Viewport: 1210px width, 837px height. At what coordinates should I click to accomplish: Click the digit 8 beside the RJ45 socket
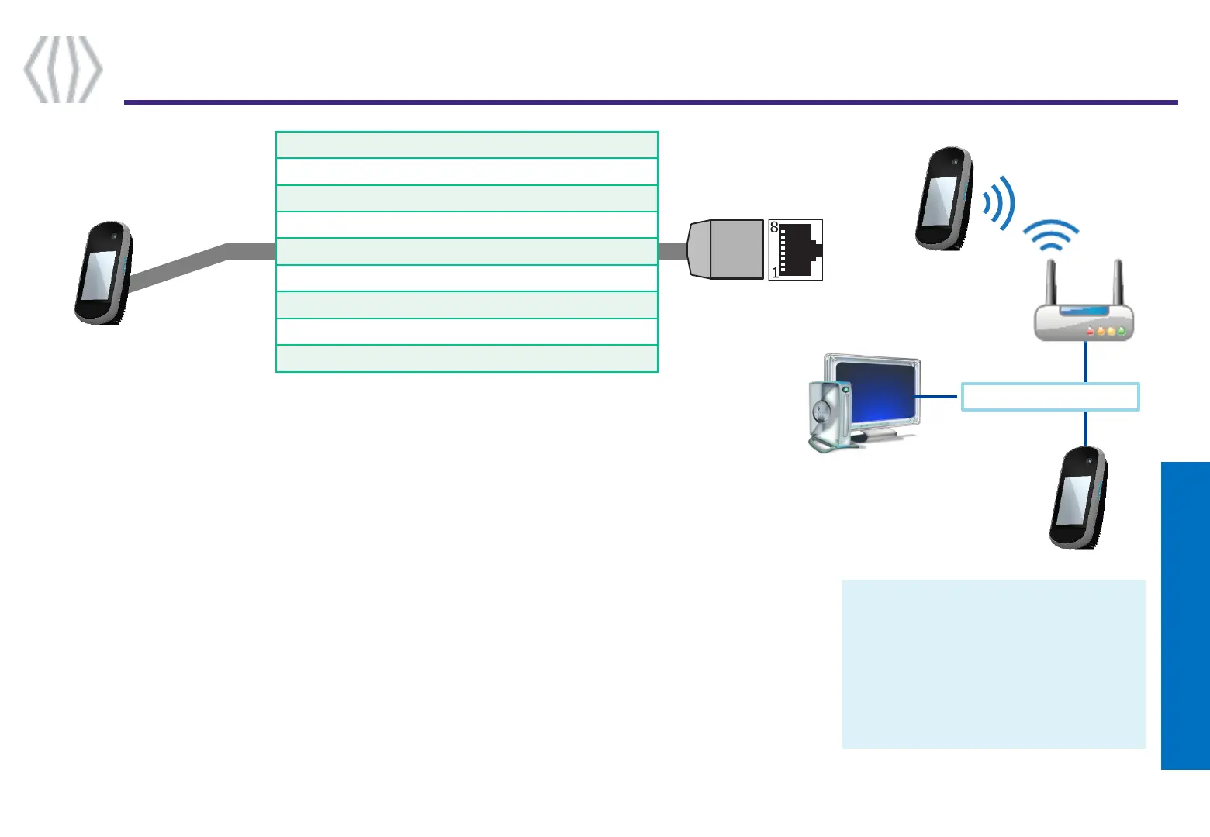coord(774,228)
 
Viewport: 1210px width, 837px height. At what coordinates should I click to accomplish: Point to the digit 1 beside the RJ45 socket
coord(775,273)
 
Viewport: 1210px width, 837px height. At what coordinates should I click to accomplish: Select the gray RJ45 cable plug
coord(725,250)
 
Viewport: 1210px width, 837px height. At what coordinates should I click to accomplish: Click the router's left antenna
coord(1052,284)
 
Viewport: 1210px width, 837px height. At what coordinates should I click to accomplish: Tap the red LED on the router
coord(1091,331)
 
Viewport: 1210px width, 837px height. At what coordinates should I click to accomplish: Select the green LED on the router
coord(1122,331)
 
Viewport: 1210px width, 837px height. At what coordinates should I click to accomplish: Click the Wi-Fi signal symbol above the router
coord(1051,235)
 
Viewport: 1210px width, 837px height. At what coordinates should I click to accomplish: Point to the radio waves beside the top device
coord(998,203)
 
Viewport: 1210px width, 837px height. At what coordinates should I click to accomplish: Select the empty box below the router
coord(1050,397)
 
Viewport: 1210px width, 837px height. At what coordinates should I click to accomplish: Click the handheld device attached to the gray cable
coord(103,273)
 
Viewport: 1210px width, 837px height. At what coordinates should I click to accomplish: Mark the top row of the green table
coord(467,145)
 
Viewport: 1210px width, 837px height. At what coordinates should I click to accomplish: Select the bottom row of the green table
coord(467,359)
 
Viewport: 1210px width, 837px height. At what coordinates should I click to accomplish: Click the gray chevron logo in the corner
coord(63,69)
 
